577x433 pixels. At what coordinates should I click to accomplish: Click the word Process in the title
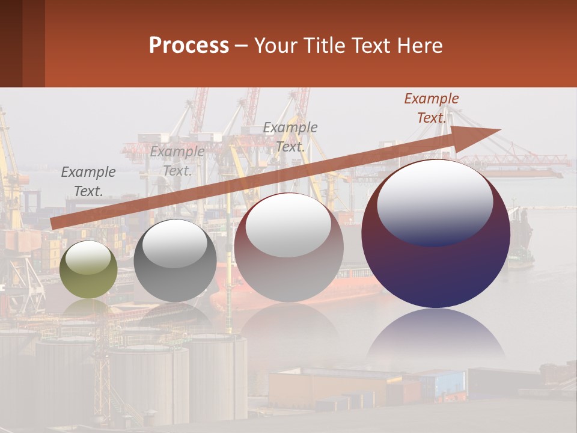pyautogui.click(x=189, y=46)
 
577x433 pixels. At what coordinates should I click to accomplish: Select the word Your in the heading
pyautogui.click(x=275, y=46)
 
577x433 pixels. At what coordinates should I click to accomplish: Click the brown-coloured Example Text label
pyautogui.click(x=432, y=108)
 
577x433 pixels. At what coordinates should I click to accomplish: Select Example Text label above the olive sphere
pyautogui.click(x=88, y=182)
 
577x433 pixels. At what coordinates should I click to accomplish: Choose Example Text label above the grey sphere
pyautogui.click(x=177, y=161)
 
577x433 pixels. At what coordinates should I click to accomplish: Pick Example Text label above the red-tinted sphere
pyautogui.click(x=290, y=137)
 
